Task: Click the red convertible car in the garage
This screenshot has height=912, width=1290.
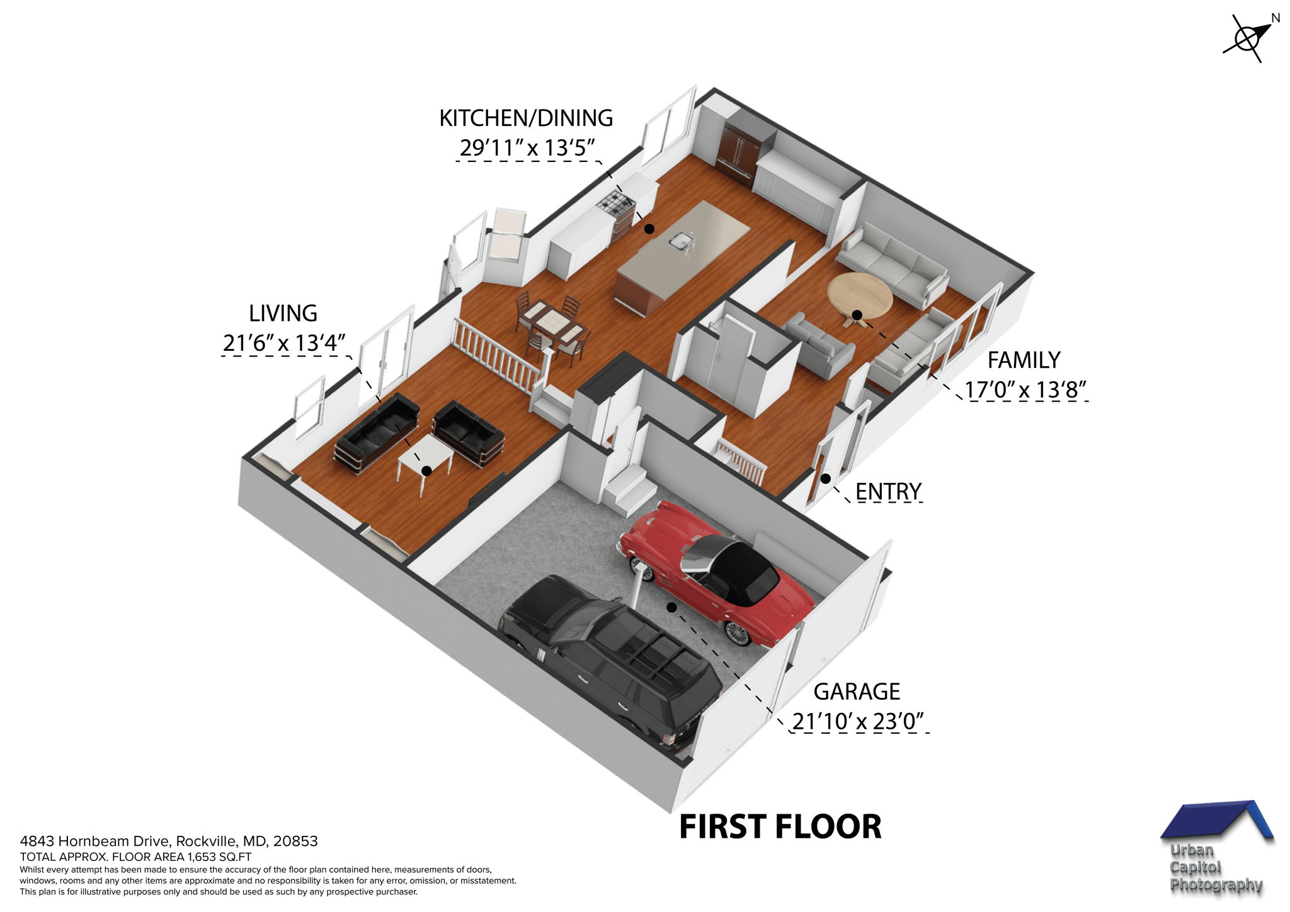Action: pos(718,573)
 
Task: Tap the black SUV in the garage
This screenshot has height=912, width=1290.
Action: pos(611,655)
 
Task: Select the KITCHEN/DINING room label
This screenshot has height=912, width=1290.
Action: pos(526,118)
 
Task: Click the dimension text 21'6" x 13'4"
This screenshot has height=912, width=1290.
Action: pos(284,343)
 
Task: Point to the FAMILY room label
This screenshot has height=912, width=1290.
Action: pos(1024,360)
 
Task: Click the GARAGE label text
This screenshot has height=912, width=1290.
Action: pos(857,692)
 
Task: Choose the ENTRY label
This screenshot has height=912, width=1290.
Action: pos(888,491)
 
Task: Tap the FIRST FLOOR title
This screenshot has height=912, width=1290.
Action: pos(780,827)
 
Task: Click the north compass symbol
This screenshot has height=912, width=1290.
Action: pos(1247,38)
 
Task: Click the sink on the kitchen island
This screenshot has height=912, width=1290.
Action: pos(680,240)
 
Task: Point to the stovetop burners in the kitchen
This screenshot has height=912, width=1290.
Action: pos(613,202)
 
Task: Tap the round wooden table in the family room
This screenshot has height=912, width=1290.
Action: pos(860,295)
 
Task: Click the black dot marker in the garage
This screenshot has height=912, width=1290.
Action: pos(672,607)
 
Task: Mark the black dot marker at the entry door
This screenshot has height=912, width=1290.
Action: pos(825,479)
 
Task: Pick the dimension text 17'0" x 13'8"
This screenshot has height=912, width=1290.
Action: pos(1026,390)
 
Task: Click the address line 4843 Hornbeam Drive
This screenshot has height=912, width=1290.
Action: pos(169,841)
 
